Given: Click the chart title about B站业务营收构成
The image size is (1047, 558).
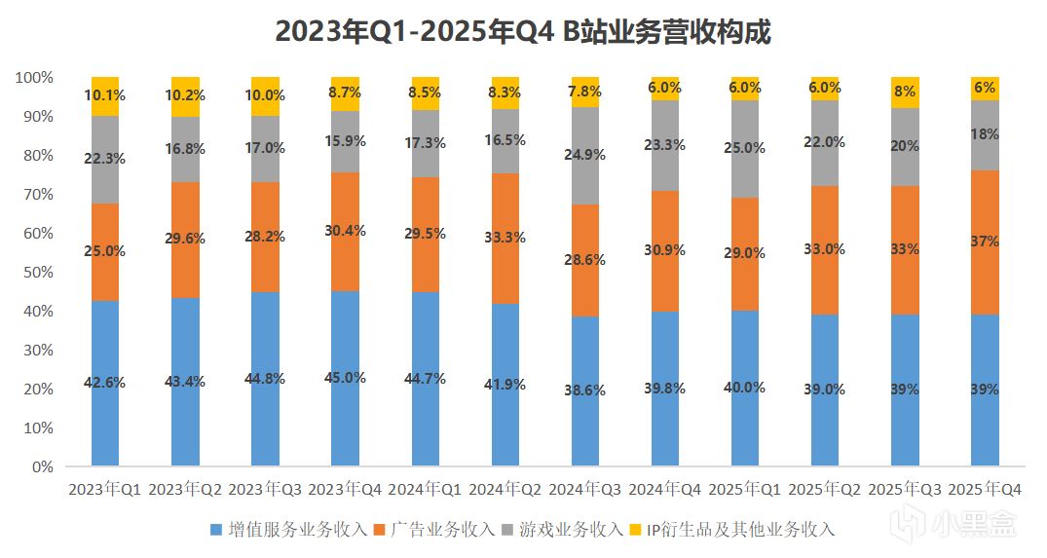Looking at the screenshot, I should point(523,33).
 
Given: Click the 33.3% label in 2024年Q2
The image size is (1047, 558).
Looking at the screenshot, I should point(505,237).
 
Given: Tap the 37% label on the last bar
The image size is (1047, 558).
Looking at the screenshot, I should point(985,242).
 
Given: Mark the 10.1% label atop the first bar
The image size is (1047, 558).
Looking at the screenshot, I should point(105,95).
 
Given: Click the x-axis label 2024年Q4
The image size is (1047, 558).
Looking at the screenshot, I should point(665,490).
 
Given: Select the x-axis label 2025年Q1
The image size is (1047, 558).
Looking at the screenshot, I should point(745,490).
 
